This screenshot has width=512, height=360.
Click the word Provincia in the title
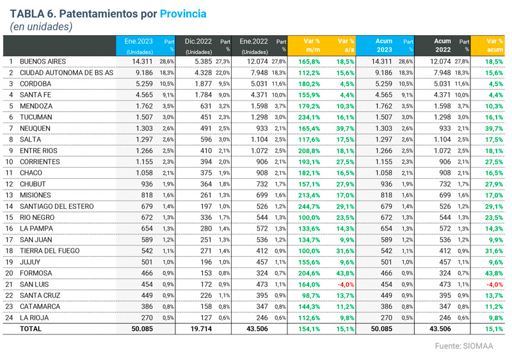click(x=183, y=13)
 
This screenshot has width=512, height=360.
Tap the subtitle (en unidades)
click(x=42, y=27)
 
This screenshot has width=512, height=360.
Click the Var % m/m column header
click(x=312, y=44)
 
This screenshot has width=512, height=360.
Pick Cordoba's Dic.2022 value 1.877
click(x=202, y=84)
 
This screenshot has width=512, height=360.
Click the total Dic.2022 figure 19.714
click(x=200, y=329)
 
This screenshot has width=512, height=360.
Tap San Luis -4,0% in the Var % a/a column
click(x=344, y=284)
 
